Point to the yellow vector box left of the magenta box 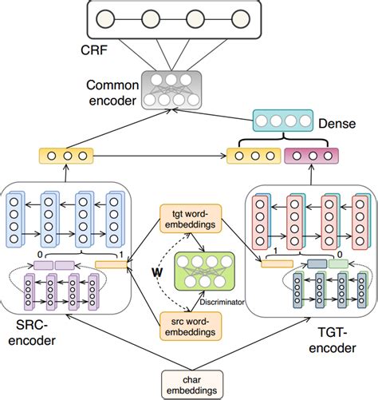pos(254,155)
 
